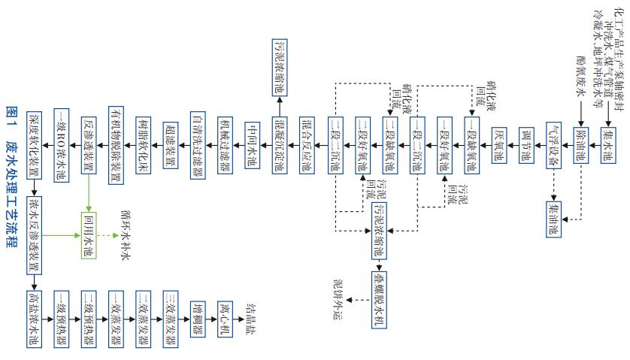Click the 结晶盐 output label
(252, 314)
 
